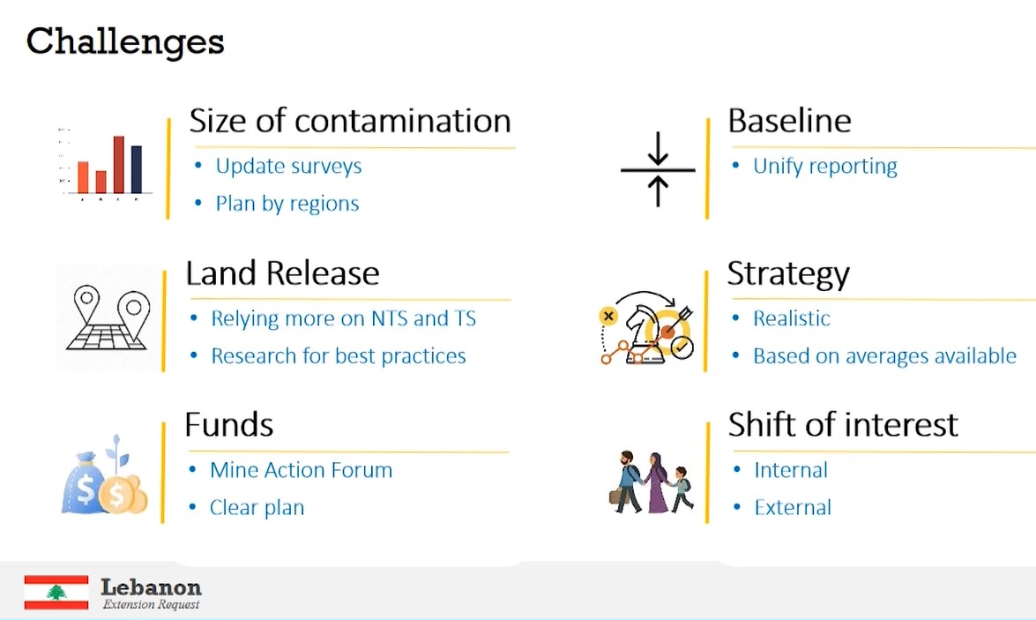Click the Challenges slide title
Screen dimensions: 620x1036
coord(125,41)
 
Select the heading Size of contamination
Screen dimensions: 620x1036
coord(349,121)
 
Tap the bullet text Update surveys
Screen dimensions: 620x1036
coord(288,166)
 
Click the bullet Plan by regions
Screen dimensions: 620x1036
coord(287,204)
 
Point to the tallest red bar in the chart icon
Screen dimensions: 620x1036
coord(118,164)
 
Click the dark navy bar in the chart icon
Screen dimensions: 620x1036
coord(137,169)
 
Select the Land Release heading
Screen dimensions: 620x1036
coord(282,273)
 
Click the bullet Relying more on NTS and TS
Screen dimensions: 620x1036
coord(343,318)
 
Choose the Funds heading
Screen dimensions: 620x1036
coord(228,425)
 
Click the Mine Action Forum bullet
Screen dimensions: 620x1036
coord(301,470)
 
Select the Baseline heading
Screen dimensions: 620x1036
coord(789,121)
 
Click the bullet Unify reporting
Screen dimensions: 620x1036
coord(824,166)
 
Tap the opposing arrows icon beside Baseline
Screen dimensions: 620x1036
coord(658,169)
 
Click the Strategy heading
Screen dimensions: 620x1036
coord(788,273)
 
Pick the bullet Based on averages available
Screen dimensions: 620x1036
coord(884,356)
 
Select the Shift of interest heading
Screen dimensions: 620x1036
coord(842,425)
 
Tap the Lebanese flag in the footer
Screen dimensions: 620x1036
coord(56,592)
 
